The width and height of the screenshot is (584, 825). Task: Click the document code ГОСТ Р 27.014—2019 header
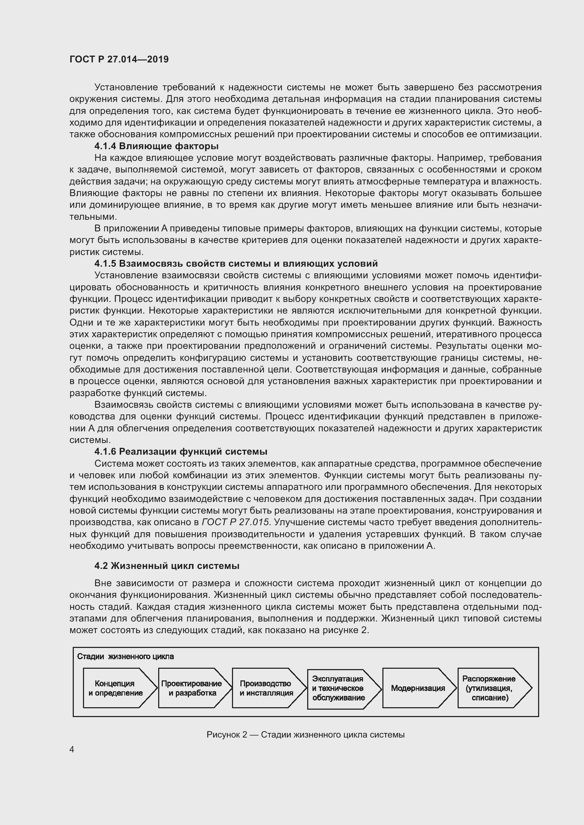pos(119,60)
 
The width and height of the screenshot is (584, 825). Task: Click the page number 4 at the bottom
pos(72,749)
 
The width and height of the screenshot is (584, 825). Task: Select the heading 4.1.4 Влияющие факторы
pos(156,146)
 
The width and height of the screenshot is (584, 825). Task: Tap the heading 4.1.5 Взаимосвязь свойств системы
pos(236,264)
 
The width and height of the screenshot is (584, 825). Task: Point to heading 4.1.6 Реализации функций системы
pos(180,452)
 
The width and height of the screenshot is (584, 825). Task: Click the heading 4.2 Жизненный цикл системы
pos(167,566)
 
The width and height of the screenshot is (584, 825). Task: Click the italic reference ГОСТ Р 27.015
pos(235,522)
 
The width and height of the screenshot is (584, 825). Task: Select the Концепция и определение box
pos(115,688)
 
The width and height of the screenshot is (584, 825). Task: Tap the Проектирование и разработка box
pos(191,688)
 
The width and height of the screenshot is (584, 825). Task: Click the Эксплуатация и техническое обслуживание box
pos(338,688)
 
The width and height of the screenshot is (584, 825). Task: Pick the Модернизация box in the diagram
pos(418,688)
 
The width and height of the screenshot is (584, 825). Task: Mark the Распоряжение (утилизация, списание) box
pos(489,688)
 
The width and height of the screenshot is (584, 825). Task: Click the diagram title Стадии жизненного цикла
pos(125,656)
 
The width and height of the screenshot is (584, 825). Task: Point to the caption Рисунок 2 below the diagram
pos(305,735)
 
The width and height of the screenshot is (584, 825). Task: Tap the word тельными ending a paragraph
pos(93,217)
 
